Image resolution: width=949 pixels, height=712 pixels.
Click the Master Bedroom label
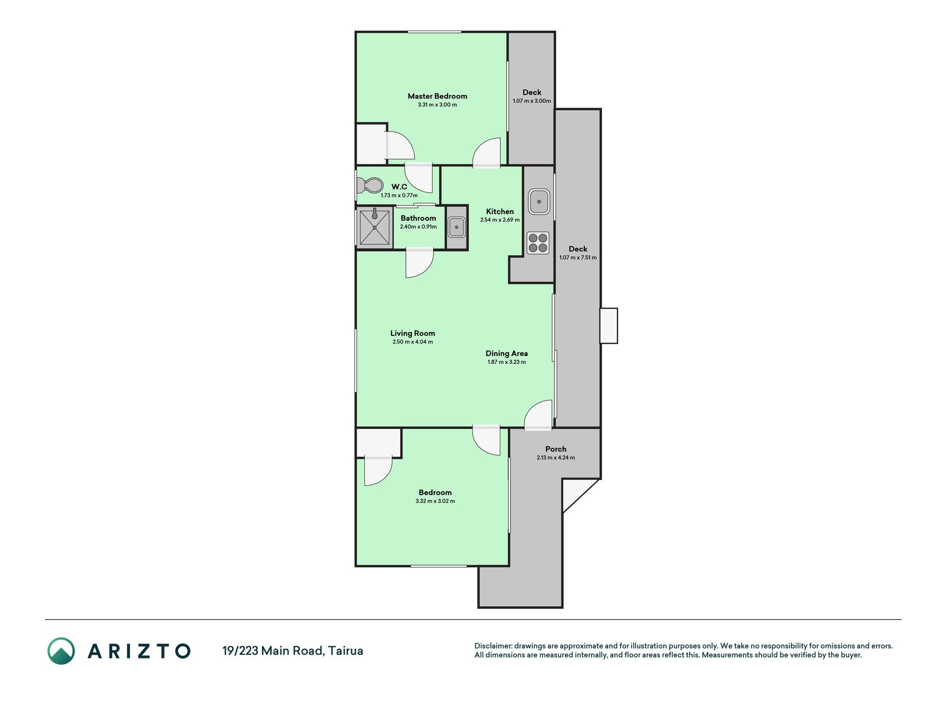click(x=437, y=96)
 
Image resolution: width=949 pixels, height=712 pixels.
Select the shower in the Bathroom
click(x=375, y=227)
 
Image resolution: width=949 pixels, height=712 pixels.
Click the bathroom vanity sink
click(x=456, y=227)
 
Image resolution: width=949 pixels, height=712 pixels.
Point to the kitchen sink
click(x=539, y=201)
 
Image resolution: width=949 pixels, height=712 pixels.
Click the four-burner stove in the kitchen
click(x=538, y=243)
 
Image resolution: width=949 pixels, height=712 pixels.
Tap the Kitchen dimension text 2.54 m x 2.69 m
click(x=500, y=220)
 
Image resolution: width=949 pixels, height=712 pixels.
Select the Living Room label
click(x=413, y=333)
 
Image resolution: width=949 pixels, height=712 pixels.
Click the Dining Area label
click(x=506, y=353)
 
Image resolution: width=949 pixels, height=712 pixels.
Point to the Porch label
click(x=556, y=449)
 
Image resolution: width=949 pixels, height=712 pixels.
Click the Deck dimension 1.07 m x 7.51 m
click(x=578, y=258)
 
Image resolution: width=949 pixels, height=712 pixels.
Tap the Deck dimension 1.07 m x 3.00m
click(x=531, y=101)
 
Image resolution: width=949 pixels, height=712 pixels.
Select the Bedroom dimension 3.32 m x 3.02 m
click(x=435, y=501)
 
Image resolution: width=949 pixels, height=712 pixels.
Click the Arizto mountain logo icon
click(x=61, y=651)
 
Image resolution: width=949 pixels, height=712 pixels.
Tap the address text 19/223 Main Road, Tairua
click(x=292, y=651)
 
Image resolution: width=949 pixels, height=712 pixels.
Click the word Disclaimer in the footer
click(x=493, y=646)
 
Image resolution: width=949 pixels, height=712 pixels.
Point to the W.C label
click(x=399, y=186)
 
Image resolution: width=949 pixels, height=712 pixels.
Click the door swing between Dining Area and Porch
click(x=538, y=416)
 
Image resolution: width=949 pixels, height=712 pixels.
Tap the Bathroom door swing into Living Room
click(x=419, y=263)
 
